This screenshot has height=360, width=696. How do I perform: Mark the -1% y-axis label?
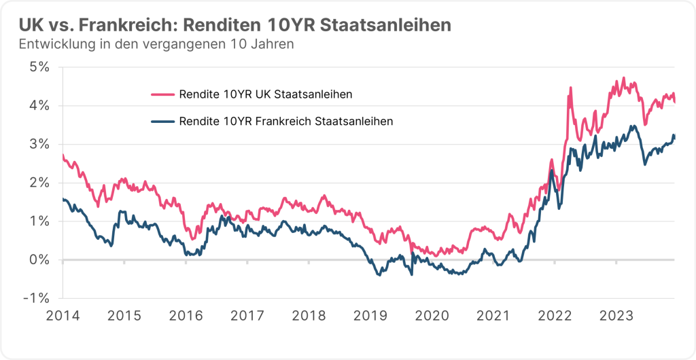point(38,298)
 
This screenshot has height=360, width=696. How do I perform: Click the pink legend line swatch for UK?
point(161,94)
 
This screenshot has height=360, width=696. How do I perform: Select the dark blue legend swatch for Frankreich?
point(161,122)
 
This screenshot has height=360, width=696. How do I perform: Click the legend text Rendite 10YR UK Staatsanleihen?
point(265,94)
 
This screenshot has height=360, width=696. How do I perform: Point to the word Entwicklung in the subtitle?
point(54,45)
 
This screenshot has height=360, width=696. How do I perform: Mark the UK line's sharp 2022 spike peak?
point(570,88)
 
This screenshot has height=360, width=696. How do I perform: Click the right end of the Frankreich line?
point(674,136)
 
